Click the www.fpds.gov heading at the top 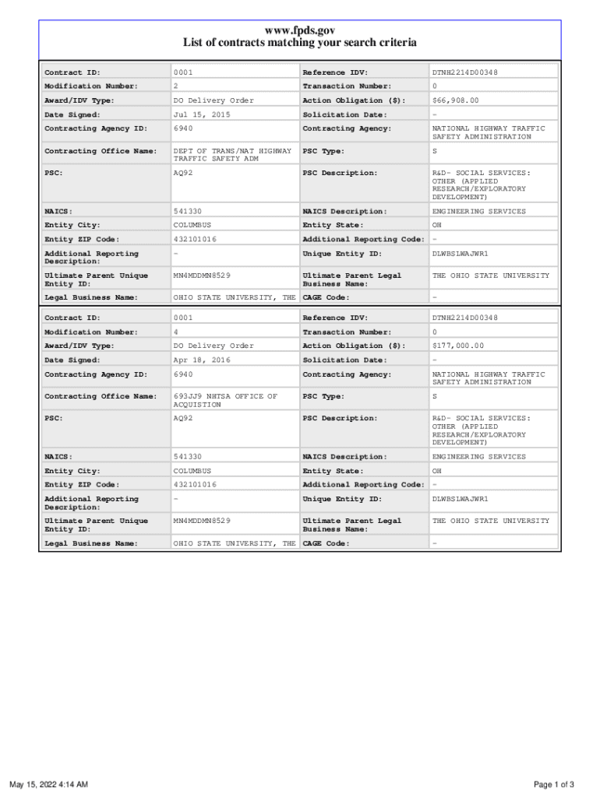(x=300, y=30)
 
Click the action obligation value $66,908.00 (x=456, y=100)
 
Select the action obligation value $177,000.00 (x=458, y=346)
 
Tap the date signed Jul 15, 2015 (x=202, y=114)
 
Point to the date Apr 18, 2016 (x=202, y=360)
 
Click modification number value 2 (x=176, y=86)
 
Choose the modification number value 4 (x=176, y=332)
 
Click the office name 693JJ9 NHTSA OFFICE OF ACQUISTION (x=225, y=401)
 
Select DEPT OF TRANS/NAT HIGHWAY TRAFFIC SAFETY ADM (x=232, y=155)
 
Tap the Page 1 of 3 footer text (x=554, y=784)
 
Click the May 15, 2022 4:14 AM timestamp (x=48, y=784)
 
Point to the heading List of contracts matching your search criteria (x=300, y=43)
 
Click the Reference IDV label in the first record (x=335, y=72)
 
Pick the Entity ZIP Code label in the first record (x=82, y=239)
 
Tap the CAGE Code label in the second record (x=326, y=543)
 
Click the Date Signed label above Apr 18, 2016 (x=72, y=360)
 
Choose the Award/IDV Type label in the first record (x=79, y=100)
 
